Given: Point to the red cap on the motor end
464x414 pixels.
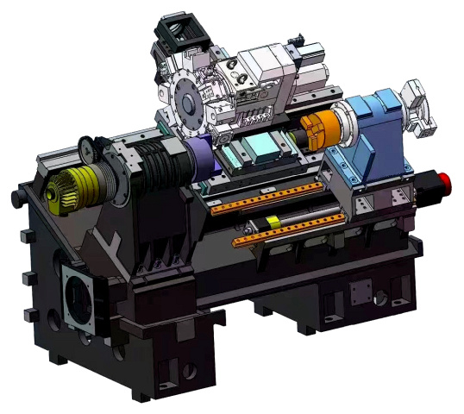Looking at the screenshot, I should coord(445,182).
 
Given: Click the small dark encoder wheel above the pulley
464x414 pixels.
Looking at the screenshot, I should coord(85,149).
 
